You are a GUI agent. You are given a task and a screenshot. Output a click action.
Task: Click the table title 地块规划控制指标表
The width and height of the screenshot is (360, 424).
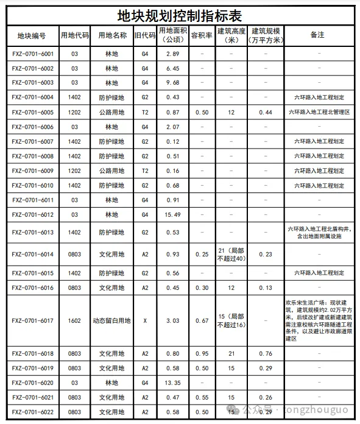[x=180, y=13]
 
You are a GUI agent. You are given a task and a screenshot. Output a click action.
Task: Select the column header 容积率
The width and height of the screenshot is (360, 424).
[x=201, y=35]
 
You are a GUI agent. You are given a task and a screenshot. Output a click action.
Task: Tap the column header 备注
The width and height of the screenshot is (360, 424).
[x=317, y=35]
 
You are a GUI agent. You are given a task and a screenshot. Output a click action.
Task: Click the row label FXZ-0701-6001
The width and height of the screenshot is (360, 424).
[x=33, y=54]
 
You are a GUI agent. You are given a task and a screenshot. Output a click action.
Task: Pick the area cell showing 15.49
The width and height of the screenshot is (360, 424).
[x=172, y=214]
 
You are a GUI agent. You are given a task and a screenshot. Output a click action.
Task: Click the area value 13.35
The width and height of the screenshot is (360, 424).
[x=172, y=383]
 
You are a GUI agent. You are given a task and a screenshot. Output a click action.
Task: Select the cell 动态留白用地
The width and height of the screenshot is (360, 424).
[x=112, y=320]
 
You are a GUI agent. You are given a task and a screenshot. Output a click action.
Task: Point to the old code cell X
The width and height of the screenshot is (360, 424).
[x=145, y=320]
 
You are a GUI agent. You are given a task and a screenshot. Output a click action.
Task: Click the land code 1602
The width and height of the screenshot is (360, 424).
[x=74, y=320]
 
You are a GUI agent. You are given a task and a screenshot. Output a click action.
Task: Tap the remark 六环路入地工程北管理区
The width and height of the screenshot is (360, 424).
[x=317, y=112]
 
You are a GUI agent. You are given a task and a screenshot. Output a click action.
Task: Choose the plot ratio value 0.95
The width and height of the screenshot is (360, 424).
[x=201, y=353]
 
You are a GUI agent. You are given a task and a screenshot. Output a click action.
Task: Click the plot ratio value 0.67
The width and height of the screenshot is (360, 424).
[x=201, y=320]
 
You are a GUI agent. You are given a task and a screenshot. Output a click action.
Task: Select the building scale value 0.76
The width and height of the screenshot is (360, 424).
[x=266, y=353]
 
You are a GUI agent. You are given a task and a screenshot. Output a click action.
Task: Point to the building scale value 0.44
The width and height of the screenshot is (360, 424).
[x=266, y=112]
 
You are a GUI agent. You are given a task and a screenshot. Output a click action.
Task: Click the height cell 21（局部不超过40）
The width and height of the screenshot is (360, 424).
[x=231, y=254]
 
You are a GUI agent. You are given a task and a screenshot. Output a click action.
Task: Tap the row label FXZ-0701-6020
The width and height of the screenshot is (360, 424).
[x=33, y=383]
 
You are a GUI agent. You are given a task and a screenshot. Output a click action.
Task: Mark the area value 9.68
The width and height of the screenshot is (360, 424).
[x=172, y=83]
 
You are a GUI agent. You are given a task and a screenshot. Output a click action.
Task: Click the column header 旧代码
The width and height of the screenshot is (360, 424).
[x=145, y=35]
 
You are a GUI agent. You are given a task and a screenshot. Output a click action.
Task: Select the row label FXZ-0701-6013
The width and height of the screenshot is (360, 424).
[x=33, y=232]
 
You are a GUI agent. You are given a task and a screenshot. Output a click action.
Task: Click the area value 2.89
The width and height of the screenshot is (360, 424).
[x=172, y=54]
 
